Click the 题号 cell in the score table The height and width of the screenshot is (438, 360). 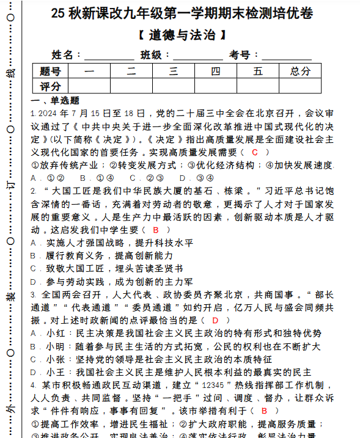pyautogui.click(x=50, y=71)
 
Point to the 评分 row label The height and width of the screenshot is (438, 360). pyautogui.click(x=50, y=86)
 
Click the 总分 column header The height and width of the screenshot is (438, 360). pyautogui.click(x=300, y=71)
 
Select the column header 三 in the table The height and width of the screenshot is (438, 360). pyautogui.click(x=174, y=71)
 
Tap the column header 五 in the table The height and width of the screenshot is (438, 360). pyautogui.click(x=258, y=71)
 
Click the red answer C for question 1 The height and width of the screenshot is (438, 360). pyautogui.click(x=255, y=151)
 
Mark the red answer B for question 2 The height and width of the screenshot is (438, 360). pyautogui.click(x=156, y=230)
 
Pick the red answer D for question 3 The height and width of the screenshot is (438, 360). pyautogui.click(x=215, y=319)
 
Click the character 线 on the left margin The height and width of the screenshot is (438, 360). pyautogui.click(x=10, y=74)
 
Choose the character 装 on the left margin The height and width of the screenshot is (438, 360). pyautogui.click(x=10, y=297)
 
